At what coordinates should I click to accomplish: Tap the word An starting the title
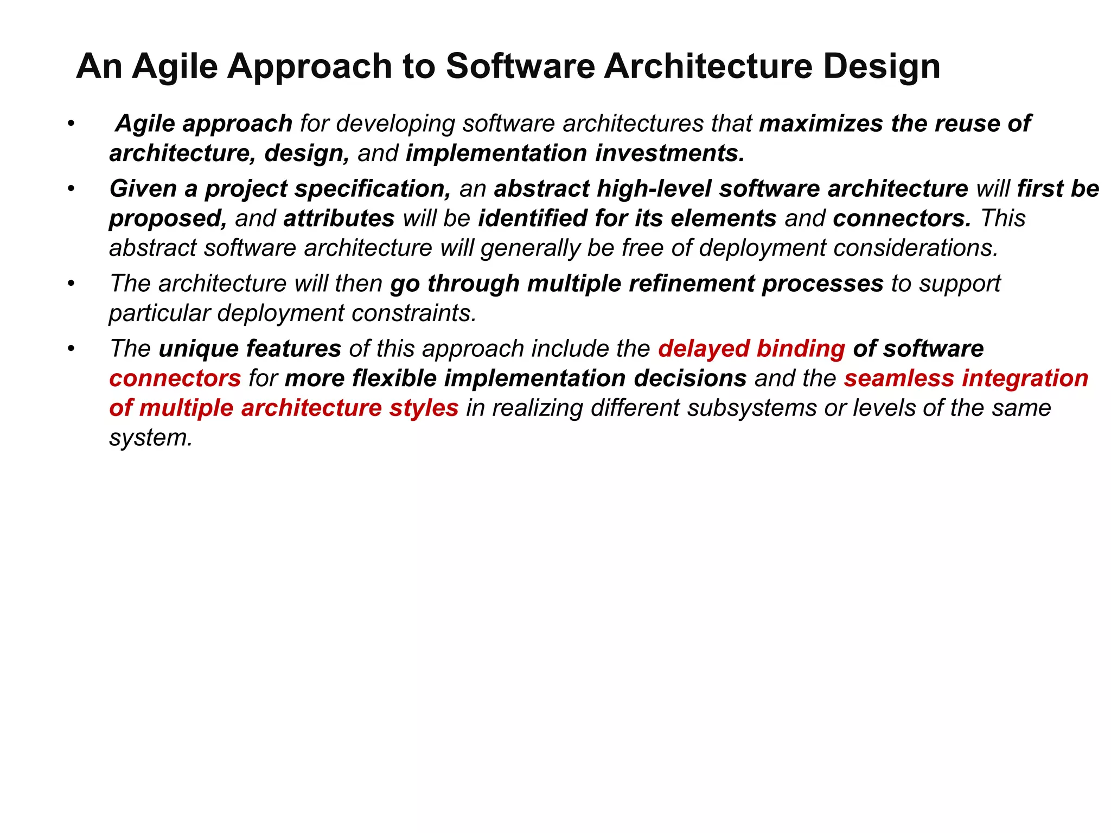click(99, 67)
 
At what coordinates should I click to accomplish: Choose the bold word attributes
click(339, 219)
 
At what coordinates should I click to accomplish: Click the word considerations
click(916, 248)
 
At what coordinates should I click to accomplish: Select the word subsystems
click(751, 408)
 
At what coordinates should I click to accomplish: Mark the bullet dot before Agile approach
click(70, 124)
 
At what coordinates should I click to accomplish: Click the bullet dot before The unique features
click(70, 349)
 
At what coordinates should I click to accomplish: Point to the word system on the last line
click(150, 438)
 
